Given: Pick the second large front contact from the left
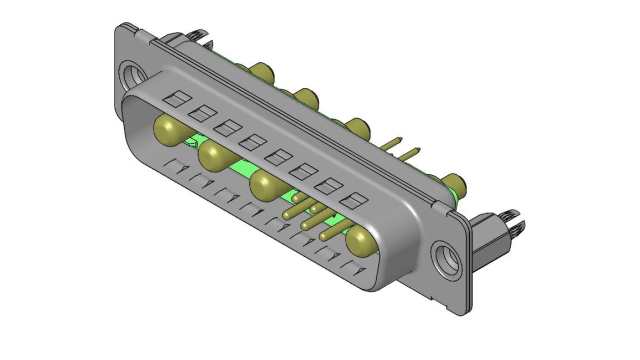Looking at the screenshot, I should [214, 156].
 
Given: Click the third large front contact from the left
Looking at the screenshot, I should [266, 185].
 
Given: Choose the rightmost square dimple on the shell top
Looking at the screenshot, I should [350, 200].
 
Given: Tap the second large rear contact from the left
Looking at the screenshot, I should [305, 98].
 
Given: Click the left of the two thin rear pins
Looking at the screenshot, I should [395, 145].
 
